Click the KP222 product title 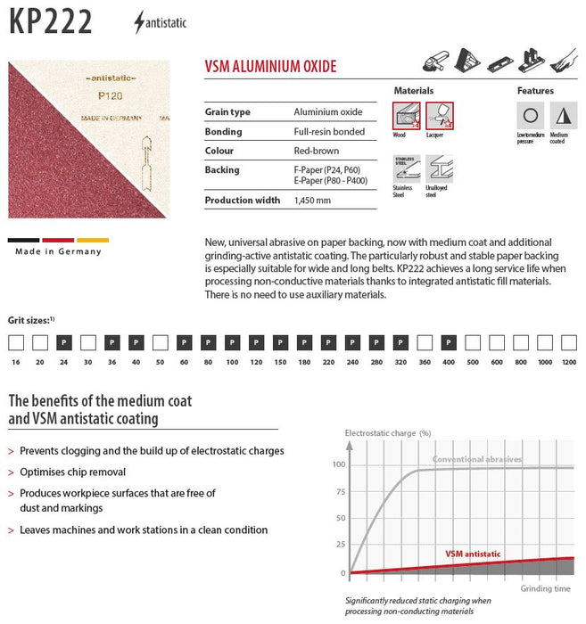tap(50, 21)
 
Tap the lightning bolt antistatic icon tap(139, 22)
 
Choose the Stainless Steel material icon tap(406, 169)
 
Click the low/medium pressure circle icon tap(530, 116)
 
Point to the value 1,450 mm tap(312, 201)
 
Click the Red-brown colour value tap(317, 152)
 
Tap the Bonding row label tap(224, 132)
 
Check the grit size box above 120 tap(256, 342)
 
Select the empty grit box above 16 tap(16, 342)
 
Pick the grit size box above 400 tap(449, 342)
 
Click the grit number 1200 tap(568, 363)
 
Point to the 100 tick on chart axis tap(338, 464)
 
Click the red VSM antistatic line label tap(473, 554)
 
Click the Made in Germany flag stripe tap(59, 241)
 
